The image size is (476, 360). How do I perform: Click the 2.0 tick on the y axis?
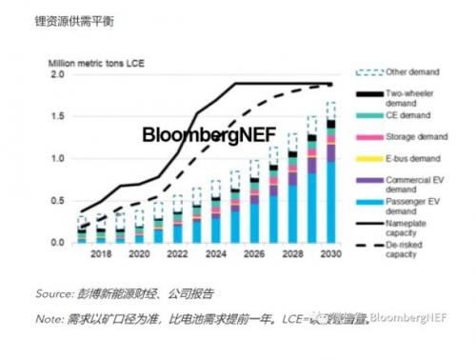point(55,74)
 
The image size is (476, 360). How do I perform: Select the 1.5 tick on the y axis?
point(55,116)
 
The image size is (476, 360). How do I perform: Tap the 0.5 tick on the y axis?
point(55,200)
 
